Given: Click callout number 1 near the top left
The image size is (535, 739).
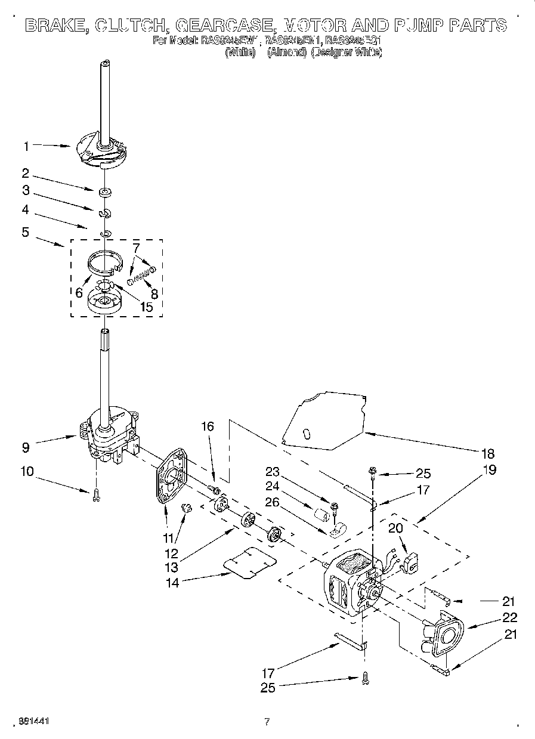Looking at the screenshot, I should [26, 144].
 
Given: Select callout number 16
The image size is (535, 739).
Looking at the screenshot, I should [206, 426].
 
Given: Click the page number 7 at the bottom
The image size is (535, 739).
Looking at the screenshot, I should [267, 721].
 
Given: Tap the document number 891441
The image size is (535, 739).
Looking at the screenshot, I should [33, 721].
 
